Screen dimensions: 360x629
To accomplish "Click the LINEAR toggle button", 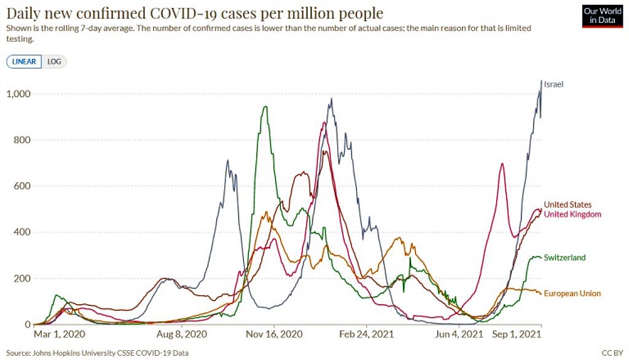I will click(24, 61).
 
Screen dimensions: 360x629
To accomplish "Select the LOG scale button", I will click(54, 61).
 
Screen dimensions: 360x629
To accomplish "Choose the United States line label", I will click(568, 205).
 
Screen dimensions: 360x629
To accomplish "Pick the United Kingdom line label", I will click(572, 214).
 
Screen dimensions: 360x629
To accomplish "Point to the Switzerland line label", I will click(565, 257).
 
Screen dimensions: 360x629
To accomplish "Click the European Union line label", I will click(572, 294).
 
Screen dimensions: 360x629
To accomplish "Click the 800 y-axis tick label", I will click(22, 140).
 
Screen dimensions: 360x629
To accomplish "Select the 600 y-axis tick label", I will click(22, 186).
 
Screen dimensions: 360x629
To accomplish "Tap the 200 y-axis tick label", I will click(22, 278).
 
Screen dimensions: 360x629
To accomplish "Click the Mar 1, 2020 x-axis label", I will click(60, 335).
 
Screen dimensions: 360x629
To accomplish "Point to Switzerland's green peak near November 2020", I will click(265, 108).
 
